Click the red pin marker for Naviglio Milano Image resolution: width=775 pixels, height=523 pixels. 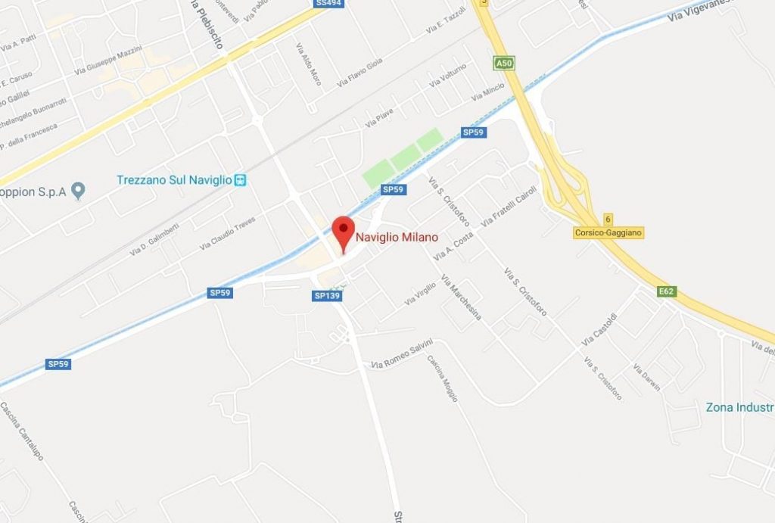(x=344, y=229)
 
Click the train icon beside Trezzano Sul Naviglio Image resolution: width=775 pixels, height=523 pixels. (x=241, y=180)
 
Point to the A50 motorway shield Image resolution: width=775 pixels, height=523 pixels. (x=503, y=64)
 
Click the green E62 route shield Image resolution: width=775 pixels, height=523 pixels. (x=667, y=291)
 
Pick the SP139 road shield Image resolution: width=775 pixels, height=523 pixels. (x=327, y=295)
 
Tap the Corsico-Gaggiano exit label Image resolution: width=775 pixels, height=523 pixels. (x=608, y=233)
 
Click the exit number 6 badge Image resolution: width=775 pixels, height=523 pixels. (x=608, y=218)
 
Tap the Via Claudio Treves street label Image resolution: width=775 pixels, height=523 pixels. (x=227, y=233)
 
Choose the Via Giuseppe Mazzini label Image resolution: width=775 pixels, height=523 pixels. (x=107, y=61)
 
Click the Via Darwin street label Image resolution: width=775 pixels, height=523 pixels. (x=646, y=378)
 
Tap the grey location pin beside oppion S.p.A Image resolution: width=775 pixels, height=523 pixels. (x=76, y=189)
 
